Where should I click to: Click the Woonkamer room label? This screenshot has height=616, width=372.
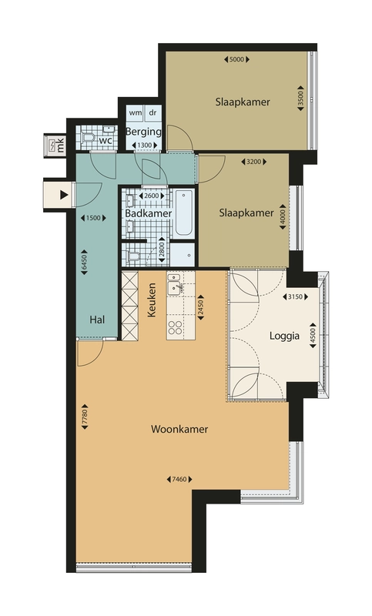[179, 429]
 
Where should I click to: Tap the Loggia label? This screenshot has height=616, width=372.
[284, 336]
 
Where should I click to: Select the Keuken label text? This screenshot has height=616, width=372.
[151, 300]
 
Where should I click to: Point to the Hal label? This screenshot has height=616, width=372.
[97, 320]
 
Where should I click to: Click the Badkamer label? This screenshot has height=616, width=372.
[149, 213]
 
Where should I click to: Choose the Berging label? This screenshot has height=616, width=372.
[143, 132]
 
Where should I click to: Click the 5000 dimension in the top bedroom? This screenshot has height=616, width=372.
[237, 60]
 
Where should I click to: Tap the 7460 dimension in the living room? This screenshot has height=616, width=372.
[179, 479]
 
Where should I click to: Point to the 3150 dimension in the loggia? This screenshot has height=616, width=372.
[296, 297]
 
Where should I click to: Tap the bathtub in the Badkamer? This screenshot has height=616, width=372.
[184, 214]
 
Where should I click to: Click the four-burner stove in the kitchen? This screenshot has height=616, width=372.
[175, 328]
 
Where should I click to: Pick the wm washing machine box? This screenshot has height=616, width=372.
[136, 113]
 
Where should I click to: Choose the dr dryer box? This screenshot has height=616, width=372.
[152, 113]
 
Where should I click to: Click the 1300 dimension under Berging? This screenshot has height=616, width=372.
[145, 146]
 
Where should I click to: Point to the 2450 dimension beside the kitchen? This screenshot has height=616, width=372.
[200, 307]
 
